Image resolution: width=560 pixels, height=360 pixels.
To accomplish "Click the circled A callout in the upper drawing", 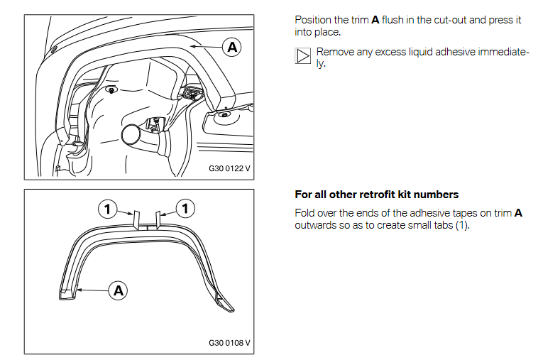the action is pyautogui.click(x=232, y=47).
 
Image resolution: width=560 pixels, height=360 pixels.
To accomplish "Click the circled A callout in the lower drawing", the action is pyautogui.click(x=119, y=290).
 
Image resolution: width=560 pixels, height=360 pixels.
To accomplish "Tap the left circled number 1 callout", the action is pyautogui.click(x=107, y=209).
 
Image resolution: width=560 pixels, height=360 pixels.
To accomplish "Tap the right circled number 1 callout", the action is pyautogui.click(x=185, y=208).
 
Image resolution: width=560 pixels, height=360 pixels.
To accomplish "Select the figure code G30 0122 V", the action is pyautogui.click(x=229, y=168).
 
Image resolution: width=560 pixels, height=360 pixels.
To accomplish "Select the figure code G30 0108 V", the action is pyautogui.click(x=229, y=343).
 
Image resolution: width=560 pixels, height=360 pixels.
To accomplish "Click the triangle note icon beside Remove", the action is pyautogui.click(x=303, y=55).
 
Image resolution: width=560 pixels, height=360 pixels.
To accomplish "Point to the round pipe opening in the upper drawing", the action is pyautogui.click(x=131, y=135).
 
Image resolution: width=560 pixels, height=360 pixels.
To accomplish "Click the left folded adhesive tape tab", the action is pyautogui.click(x=136, y=221).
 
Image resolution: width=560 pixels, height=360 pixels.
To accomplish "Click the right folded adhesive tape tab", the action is pyautogui.click(x=158, y=219).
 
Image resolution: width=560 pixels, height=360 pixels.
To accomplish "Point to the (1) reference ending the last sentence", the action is pyautogui.click(x=462, y=225).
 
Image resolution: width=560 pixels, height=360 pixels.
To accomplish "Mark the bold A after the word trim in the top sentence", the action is pyautogui.click(x=375, y=20).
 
